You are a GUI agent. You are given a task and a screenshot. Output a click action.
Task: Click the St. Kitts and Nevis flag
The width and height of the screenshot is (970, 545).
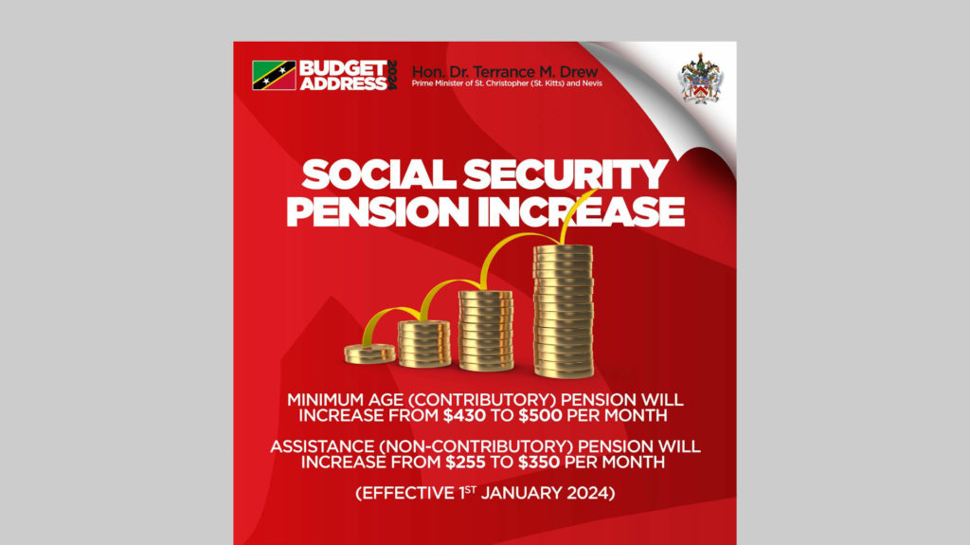(274, 75)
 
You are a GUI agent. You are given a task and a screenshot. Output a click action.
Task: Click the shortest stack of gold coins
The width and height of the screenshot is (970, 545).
(369, 354)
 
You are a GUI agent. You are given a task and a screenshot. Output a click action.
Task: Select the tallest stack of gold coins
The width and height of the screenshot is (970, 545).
(563, 310)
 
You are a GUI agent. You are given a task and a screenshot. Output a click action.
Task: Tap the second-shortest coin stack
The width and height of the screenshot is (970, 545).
(424, 343)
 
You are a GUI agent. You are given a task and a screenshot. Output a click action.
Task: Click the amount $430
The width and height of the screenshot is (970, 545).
(464, 415)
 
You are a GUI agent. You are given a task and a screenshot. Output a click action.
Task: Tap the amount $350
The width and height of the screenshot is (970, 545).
(541, 463)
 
